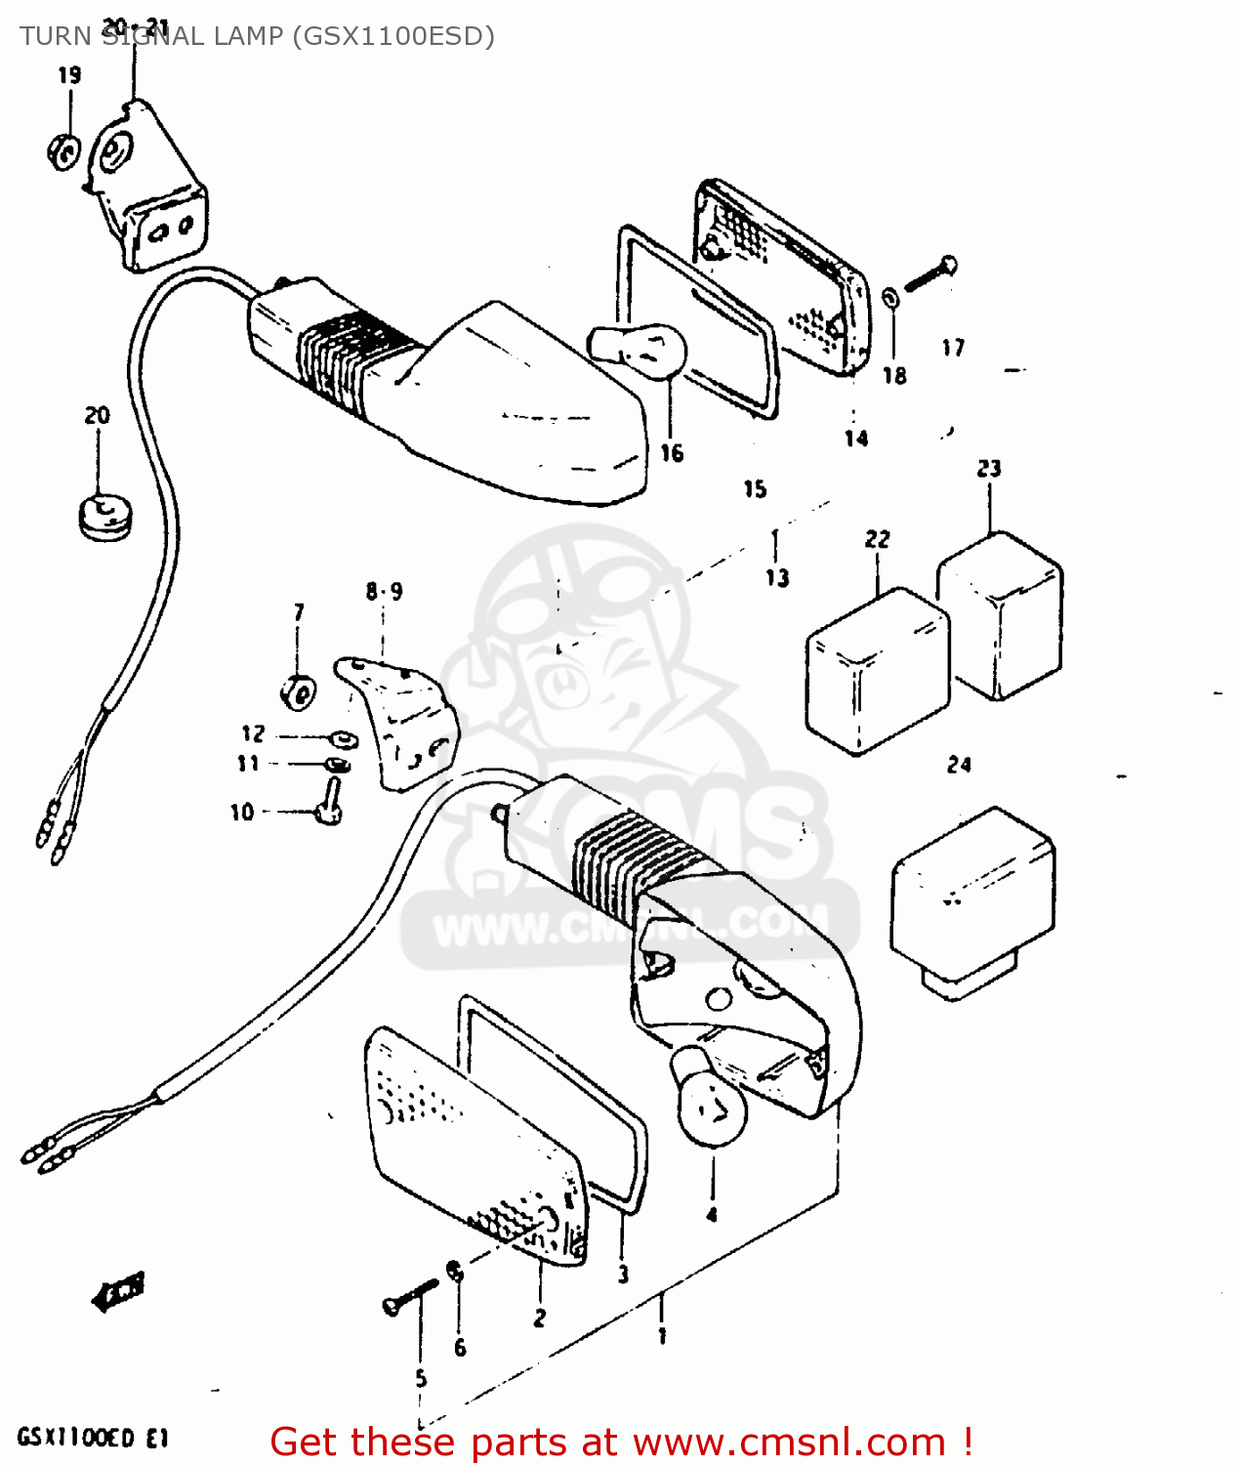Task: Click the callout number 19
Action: [x=69, y=75]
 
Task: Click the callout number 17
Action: [x=953, y=348]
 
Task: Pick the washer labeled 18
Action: [x=891, y=297]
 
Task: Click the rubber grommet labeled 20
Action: [x=104, y=516]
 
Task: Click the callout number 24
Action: [x=959, y=765]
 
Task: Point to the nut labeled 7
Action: [x=298, y=693]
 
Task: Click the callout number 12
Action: [x=253, y=733]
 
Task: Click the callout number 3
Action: [x=623, y=1274]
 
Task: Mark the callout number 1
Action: [x=662, y=1335]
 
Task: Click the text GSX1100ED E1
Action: [x=93, y=1438]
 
